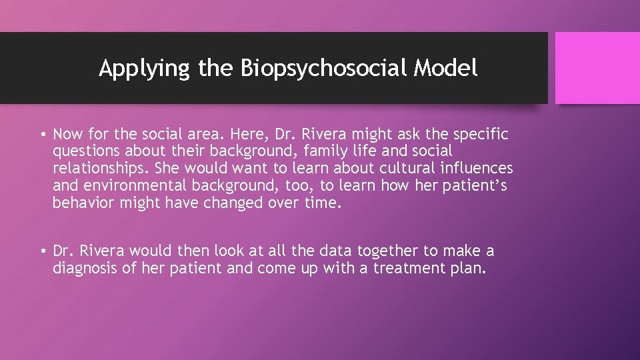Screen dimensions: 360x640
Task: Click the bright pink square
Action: tap(597, 68)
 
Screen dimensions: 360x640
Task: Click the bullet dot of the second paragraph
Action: tap(42, 252)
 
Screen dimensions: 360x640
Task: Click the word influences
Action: tap(477, 169)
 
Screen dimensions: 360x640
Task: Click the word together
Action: tap(388, 251)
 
